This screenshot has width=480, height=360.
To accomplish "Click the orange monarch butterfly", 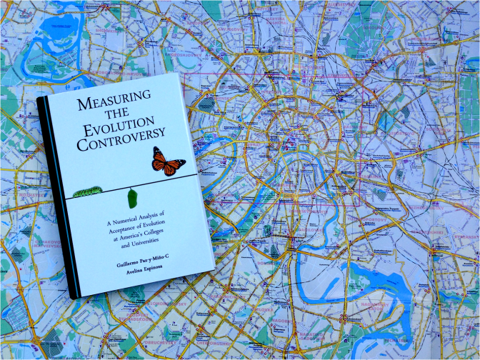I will pos(169,161).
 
